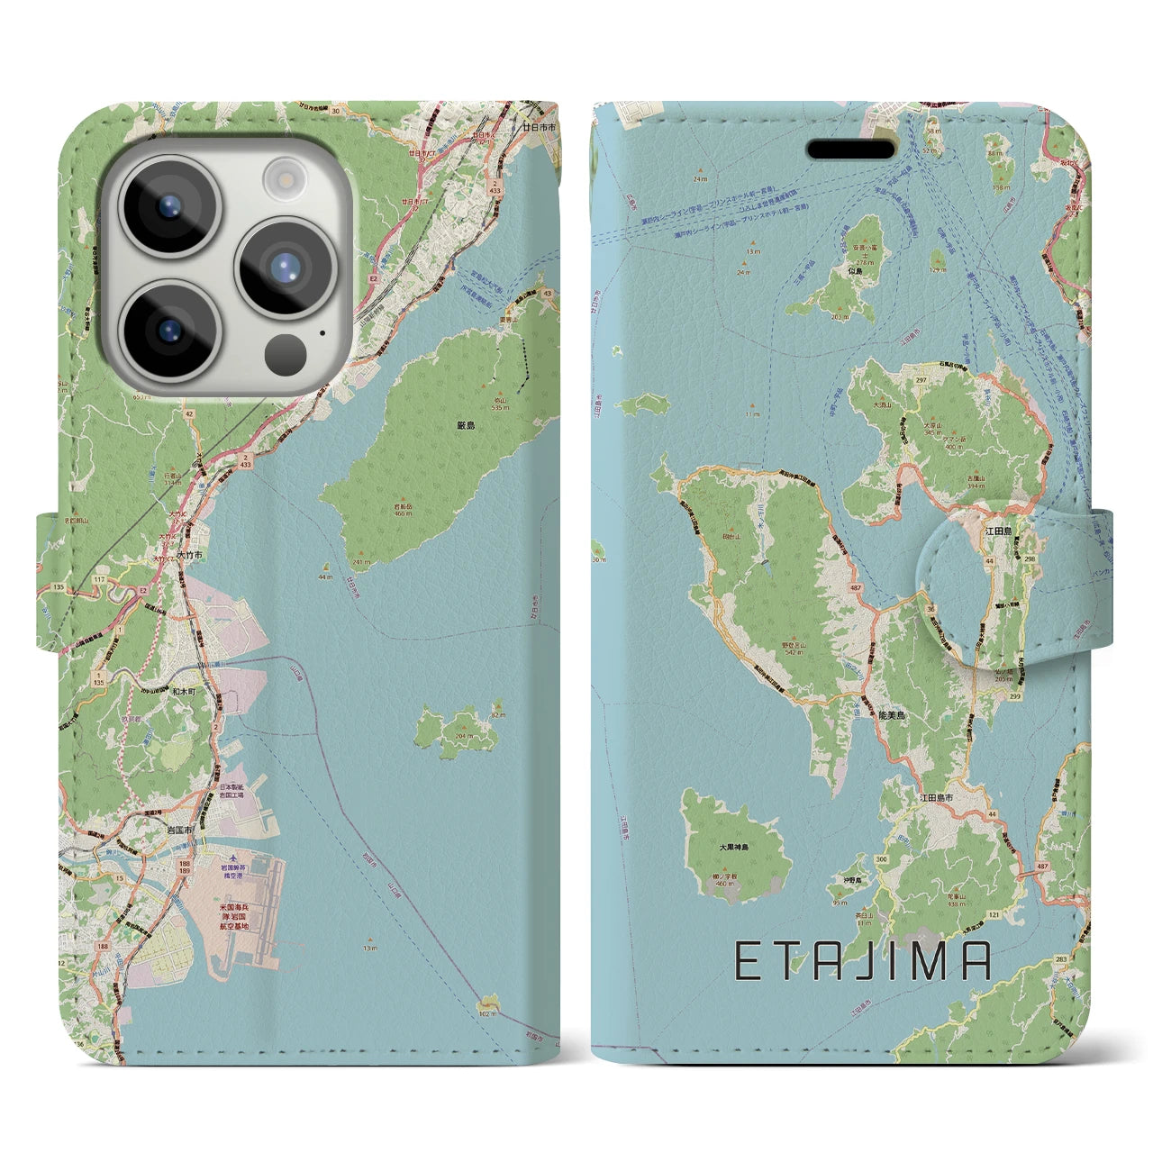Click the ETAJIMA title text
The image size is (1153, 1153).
[863, 961]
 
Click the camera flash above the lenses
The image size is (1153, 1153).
[286, 177]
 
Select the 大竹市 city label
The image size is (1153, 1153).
[189, 556]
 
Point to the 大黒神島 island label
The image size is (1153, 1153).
[734, 848]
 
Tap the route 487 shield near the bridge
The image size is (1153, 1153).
[1041, 866]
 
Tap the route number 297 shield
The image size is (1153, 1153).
[921, 380]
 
